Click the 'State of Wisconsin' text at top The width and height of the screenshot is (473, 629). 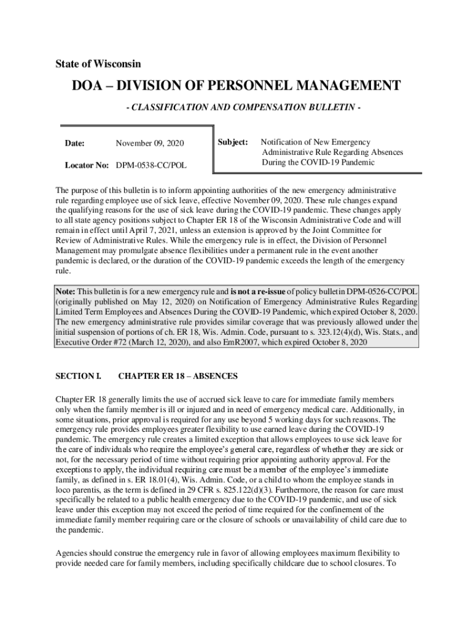point(98,64)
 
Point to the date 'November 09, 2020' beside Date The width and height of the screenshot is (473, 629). point(150,144)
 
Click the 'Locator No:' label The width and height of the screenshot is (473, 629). point(87,165)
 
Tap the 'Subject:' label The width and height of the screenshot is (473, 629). point(233,143)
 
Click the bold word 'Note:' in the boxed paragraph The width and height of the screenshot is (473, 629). point(65,292)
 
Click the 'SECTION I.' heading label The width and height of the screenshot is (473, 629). point(78,376)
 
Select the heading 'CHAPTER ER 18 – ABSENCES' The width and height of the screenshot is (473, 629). point(178,376)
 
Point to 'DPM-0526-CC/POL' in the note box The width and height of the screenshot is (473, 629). point(383,292)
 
